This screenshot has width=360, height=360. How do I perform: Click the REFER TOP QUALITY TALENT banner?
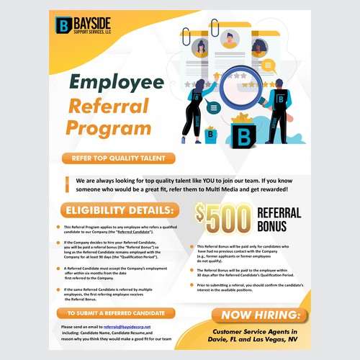click(118, 158)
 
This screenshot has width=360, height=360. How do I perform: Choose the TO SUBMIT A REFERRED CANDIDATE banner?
click(118, 314)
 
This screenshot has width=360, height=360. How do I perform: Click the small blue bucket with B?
click(212, 133)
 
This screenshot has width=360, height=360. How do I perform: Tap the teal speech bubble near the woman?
click(214, 108)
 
